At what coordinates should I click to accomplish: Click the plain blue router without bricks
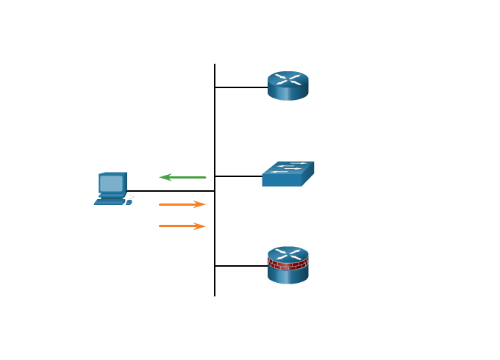287,85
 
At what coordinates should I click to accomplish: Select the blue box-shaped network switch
287,174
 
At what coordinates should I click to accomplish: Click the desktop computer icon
113,188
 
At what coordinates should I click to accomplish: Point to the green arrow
183,177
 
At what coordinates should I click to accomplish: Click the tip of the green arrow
161,177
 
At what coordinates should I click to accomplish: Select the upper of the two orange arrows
182,204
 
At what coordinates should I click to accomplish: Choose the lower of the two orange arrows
182,226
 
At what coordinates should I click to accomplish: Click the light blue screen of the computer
111,182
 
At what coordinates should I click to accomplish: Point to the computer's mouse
129,201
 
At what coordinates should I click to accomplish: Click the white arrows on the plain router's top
287,79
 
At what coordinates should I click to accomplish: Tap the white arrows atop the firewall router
287,253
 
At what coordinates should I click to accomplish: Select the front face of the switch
282,181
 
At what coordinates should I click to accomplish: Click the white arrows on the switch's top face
288,168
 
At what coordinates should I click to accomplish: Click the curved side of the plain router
287,93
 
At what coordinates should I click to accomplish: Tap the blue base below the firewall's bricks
287,276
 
